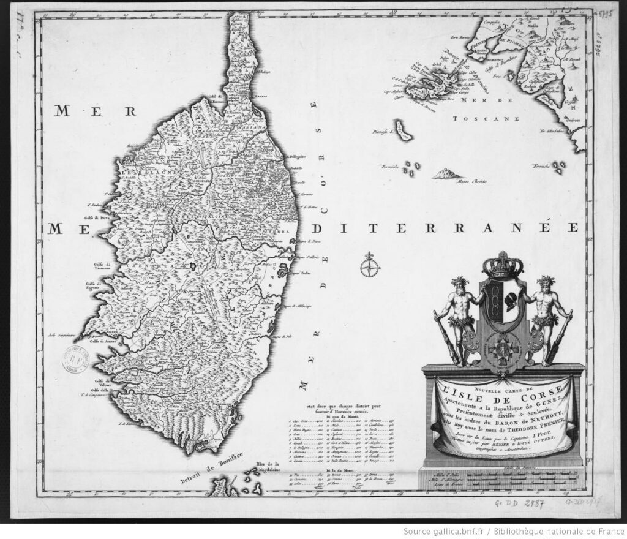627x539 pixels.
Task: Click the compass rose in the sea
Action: pyautogui.click(x=369, y=267)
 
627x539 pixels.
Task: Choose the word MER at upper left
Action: pyautogui.click(x=94, y=111)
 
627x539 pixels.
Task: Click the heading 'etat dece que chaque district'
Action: pyautogui.click(x=331, y=407)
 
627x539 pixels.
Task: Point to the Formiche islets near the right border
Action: pyautogui.click(x=558, y=167)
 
